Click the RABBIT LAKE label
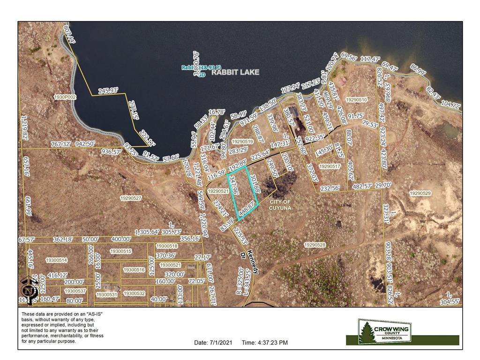click(x=235, y=73)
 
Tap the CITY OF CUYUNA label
click(x=281, y=204)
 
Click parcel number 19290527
click(x=131, y=198)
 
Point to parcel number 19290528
click(x=315, y=245)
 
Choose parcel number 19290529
click(x=420, y=193)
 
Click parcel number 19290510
click(x=356, y=100)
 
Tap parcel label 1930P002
click(x=65, y=97)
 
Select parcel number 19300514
click(x=56, y=260)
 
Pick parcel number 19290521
click(x=218, y=191)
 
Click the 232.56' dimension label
click(x=330, y=188)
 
